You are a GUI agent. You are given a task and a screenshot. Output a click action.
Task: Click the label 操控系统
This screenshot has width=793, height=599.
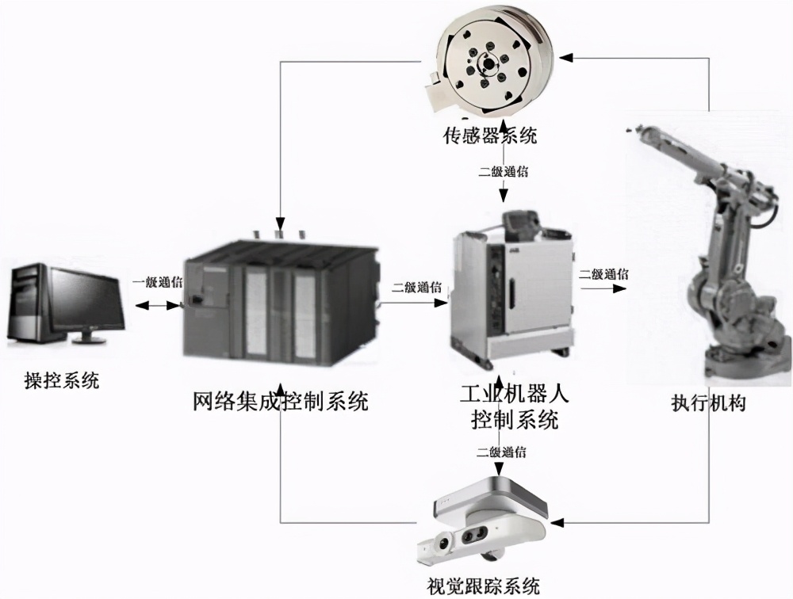(x=61, y=380)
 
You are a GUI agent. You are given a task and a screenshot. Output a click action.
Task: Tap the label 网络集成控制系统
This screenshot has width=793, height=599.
(x=281, y=401)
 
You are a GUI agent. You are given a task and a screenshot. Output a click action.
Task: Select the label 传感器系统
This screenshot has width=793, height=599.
(x=489, y=135)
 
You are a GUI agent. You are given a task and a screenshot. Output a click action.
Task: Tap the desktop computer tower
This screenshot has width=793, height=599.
(x=29, y=304)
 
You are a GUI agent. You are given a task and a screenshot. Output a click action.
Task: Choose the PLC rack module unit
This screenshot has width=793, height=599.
(x=278, y=305)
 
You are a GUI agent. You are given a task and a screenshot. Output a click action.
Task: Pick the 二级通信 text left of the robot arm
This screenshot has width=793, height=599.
(x=603, y=274)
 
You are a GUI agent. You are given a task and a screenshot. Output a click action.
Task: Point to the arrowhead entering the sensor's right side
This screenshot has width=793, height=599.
(x=565, y=56)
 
